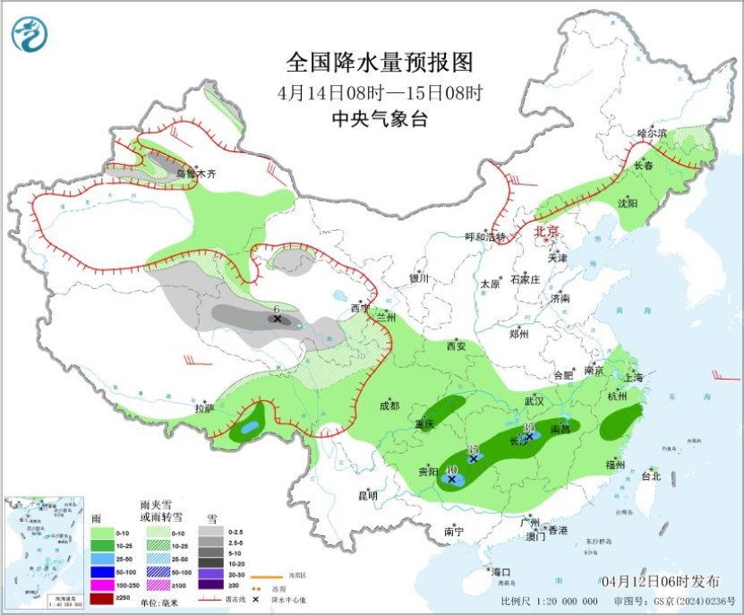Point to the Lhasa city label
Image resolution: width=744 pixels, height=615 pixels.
[204, 408]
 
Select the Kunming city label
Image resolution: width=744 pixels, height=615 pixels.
[367, 495]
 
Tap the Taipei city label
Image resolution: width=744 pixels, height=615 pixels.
[650, 476]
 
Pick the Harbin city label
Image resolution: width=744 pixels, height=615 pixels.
[652, 133]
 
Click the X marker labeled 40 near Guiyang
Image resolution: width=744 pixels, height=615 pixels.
[451, 479]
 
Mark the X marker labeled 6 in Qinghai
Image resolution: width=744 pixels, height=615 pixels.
[278, 319]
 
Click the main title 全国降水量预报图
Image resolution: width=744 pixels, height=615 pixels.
[379, 63]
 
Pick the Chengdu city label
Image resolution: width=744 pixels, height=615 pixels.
[389, 406]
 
